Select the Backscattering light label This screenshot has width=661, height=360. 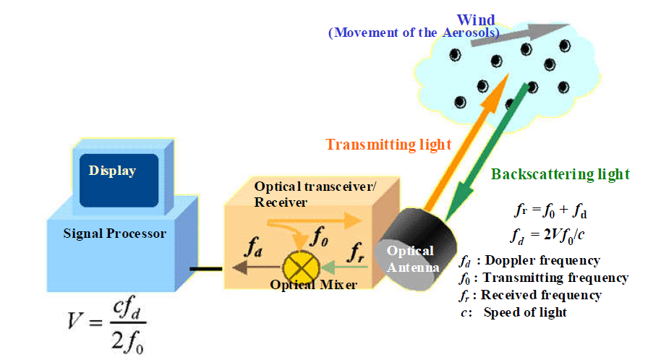pos(560,174)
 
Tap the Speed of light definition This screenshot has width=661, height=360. pos(515,312)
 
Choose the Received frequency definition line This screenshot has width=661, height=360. pos(532,295)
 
